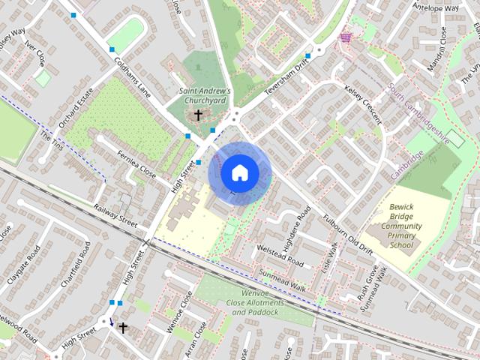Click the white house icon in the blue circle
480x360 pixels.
coord(239,173)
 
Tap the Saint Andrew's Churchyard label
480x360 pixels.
coord(204,96)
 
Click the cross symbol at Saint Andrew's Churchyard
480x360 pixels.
coord(199,115)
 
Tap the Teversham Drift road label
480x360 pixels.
coord(286,78)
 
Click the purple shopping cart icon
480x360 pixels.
coord(346,36)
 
